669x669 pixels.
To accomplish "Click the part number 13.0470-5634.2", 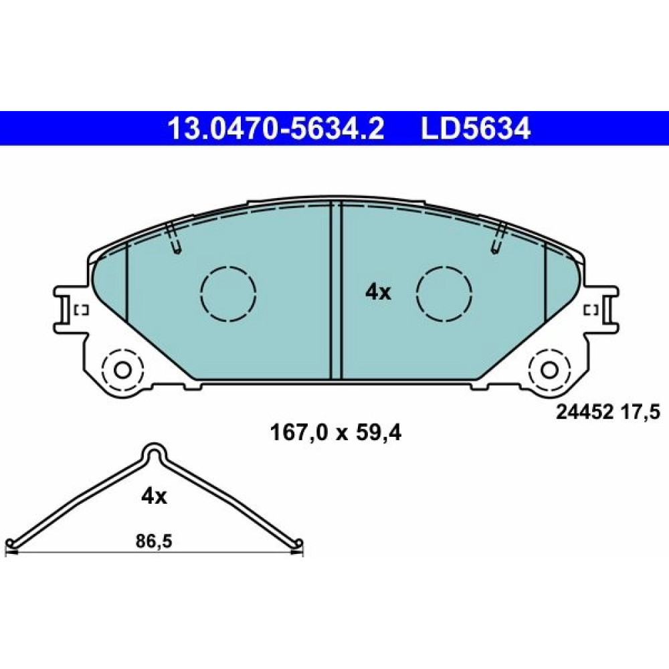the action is tap(276, 128).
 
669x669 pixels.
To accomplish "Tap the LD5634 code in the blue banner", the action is tap(476, 128).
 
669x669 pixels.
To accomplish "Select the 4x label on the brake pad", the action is tap(378, 293).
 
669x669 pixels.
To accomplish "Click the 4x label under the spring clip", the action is tap(154, 496).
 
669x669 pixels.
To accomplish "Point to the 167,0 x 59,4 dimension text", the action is tap(336, 434).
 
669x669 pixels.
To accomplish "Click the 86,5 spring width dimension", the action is tap(154, 541).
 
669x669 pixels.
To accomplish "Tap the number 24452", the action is tap(585, 412).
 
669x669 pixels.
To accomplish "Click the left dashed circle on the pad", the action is tap(228, 294).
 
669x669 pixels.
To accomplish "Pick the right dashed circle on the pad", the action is tap(445, 294).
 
